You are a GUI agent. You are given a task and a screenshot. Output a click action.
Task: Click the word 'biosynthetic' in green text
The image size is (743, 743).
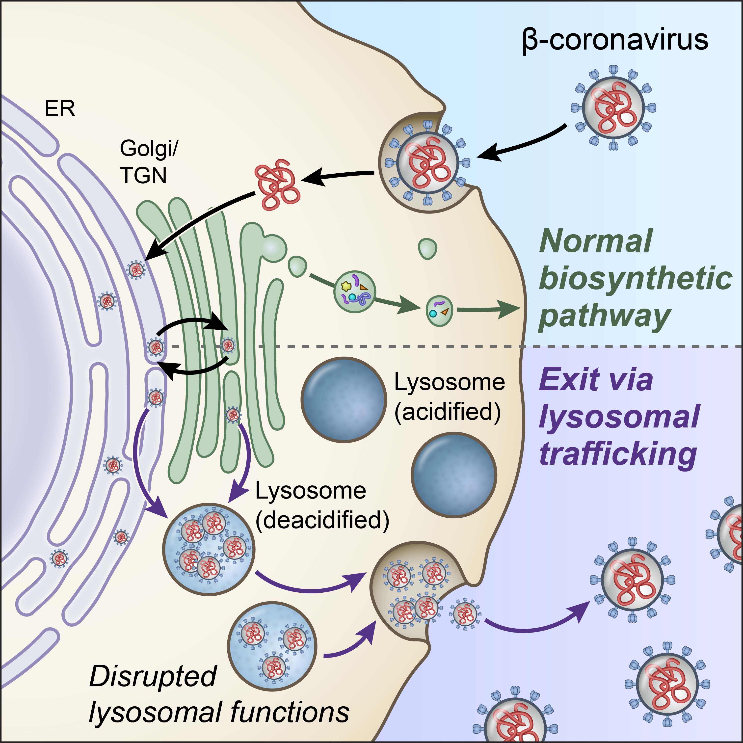(635, 280)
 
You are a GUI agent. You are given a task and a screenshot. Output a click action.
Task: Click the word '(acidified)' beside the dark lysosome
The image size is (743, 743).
(448, 412)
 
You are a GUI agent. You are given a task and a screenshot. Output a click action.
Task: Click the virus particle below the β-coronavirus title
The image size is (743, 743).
(613, 108)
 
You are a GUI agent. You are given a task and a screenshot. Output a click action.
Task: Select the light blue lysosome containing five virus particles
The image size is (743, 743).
(209, 549)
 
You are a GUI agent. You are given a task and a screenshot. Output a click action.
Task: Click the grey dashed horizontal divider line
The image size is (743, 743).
(423, 346)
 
